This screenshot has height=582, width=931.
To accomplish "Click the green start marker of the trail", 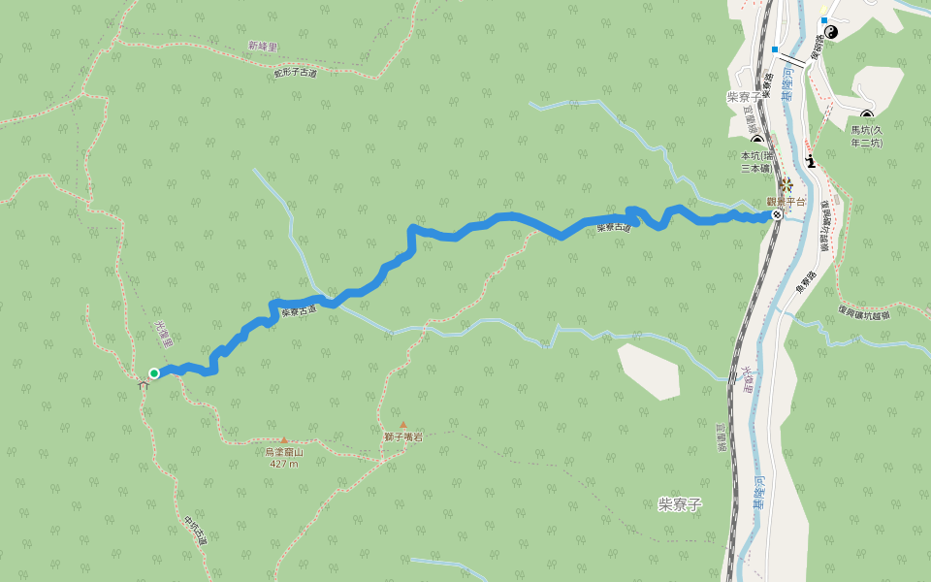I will [x=154, y=373].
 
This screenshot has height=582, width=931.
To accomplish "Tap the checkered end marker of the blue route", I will [x=777, y=214].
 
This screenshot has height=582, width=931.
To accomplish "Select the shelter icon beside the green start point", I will [x=144, y=385].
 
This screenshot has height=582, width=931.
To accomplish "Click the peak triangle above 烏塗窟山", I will [x=284, y=440].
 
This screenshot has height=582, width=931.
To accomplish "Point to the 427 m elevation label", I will [x=284, y=464].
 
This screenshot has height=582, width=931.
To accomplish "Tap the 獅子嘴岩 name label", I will [x=402, y=437].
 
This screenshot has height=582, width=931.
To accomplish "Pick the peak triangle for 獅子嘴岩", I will [x=403, y=425].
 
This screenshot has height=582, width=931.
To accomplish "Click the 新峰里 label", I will [x=262, y=46].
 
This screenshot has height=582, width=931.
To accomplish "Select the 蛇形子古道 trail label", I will [x=295, y=73].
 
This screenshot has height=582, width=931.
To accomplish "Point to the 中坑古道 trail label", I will [x=195, y=529].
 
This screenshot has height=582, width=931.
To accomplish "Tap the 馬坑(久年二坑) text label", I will [x=867, y=136].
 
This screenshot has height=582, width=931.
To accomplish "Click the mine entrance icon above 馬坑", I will [x=867, y=116].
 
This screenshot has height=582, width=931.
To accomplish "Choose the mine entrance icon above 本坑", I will [x=757, y=141].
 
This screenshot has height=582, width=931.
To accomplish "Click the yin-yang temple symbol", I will [x=831, y=32].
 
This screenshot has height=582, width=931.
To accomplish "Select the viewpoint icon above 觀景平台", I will [x=786, y=184].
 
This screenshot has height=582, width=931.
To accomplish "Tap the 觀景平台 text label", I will [x=786, y=202].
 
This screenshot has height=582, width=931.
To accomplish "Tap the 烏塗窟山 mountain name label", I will [x=284, y=452].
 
